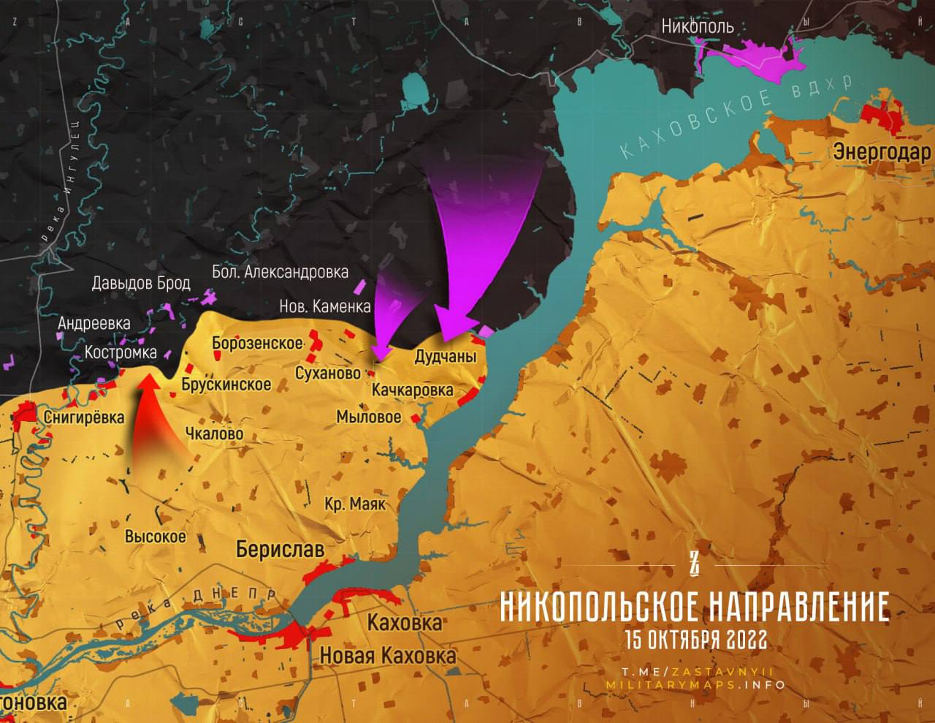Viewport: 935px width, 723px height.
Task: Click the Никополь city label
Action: pyautogui.click(x=697, y=27)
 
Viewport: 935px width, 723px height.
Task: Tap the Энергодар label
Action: pyautogui.click(x=882, y=153)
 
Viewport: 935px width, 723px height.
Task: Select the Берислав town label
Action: pyautogui.click(x=280, y=549)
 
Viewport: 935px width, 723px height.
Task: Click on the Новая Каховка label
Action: pyautogui.click(x=388, y=655)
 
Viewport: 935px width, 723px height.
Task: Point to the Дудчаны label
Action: pyautogui.click(x=445, y=357)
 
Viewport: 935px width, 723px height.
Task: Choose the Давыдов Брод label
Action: pyautogui.click(x=141, y=283)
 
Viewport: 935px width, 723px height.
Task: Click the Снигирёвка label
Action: pyautogui.click(x=84, y=417)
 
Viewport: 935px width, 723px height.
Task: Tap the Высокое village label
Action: pyautogui.click(x=155, y=537)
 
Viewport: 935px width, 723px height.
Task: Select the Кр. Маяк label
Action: pyautogui.click(x=355, y=504)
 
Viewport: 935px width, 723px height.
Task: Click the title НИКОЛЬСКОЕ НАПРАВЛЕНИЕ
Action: pyautogui.click(x=695, y=607)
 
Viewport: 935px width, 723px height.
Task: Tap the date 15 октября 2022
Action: pyautogui.click(x=695, y=640)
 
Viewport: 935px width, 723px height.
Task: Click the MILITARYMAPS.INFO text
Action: pyautogui.click(x=695, y=685)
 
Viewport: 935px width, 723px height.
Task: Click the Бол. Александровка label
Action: pyautogui.click(x=280, y=273)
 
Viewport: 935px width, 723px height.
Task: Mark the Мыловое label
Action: pyautogui.click(x=368, y=417)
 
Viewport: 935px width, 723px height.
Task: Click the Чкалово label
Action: pyautogui.click(x=214, y=434)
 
